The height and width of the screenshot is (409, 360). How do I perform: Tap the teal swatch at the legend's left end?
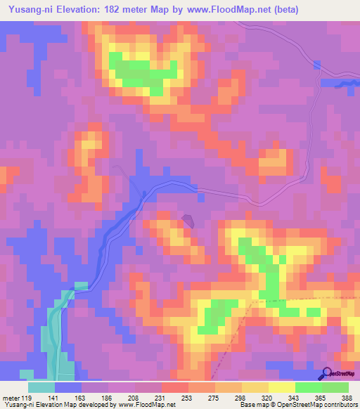tap(41, 387)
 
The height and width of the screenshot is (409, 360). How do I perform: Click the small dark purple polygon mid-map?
tap(188, 221)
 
